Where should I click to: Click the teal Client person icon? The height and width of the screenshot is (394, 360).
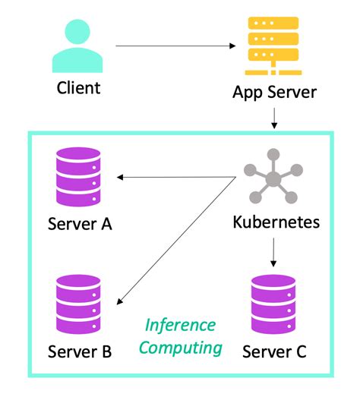[78, 47]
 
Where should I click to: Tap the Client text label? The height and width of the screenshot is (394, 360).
[78, 87]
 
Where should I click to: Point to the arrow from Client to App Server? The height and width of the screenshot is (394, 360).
[175, 46]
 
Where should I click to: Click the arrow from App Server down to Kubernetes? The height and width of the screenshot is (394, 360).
[273, 118]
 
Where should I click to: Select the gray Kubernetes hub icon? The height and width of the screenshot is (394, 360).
[272, 178]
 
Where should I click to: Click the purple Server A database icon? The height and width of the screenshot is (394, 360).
[78, 177]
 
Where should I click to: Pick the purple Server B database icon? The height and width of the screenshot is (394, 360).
[79, 304]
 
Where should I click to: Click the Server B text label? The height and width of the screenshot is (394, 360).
[80, 351]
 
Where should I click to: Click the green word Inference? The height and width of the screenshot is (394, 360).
[181, 326]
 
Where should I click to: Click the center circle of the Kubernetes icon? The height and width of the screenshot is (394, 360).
[272, 179]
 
